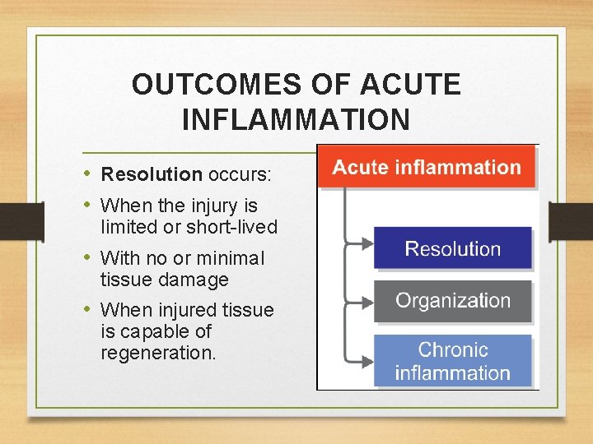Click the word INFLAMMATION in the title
coord(296,120)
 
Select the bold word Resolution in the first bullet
coord(152,174)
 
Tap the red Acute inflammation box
coord(427,168)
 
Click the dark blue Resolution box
coord(452,248)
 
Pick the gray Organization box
coord(452,301)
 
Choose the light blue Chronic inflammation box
coord(452,362)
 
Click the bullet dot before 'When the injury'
coord(89,205)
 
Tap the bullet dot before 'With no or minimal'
coord(89,258)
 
